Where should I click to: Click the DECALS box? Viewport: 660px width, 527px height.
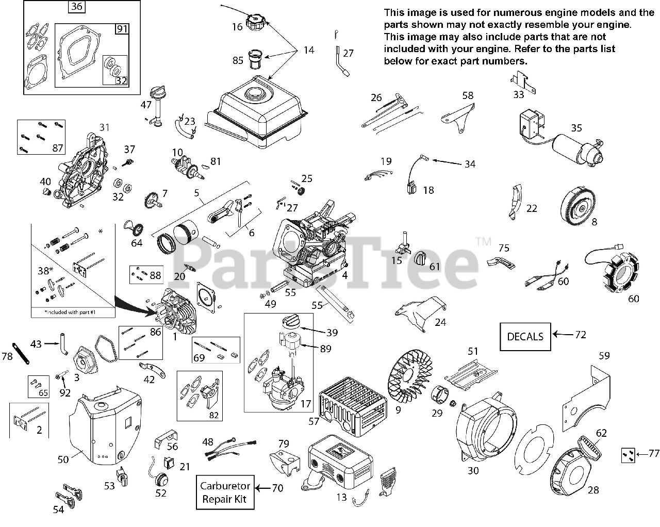[x=525, y=336]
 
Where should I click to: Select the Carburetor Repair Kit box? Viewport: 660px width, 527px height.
[x=225, y=492]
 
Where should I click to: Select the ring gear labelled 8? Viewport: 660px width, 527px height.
[x=581, y=207]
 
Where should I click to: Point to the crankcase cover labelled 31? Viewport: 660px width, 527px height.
[x=85, y=165]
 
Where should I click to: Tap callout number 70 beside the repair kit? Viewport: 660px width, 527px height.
[x=277, y=487]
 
